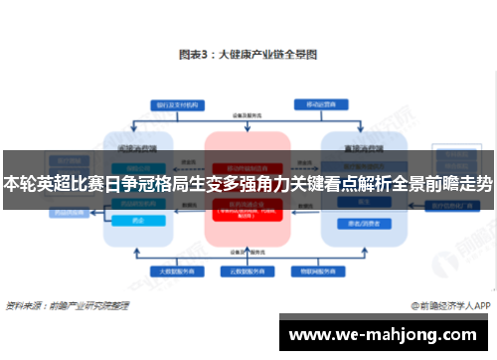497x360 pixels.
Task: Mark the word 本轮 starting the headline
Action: [x=17, y=184]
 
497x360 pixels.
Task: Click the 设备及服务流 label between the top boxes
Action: [x=248, y=114]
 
